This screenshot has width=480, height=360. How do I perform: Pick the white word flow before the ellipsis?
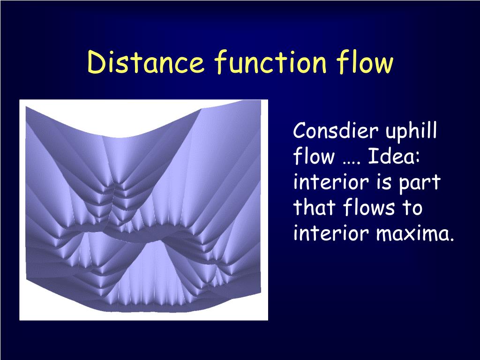click(x=313, y=157)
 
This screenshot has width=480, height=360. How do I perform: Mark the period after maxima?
click(x=452, y=238)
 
